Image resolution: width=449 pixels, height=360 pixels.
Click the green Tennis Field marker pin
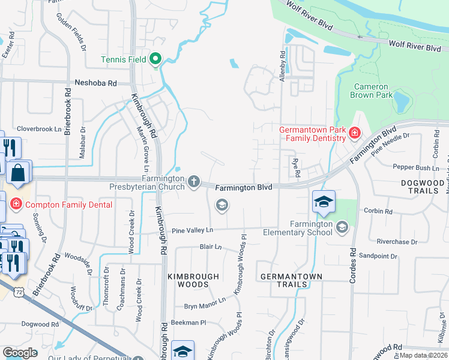pos(155,59)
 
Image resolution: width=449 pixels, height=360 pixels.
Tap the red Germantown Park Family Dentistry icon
pos(355,132)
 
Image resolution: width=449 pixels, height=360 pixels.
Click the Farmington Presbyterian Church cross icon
pos(193,181)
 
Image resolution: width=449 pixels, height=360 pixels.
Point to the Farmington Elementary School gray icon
pos(342,226)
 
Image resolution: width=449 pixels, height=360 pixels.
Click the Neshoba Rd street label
pos(95,83)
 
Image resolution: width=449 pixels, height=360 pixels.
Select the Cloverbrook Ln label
pos(40,128)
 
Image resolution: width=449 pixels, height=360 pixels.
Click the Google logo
pos(20,352)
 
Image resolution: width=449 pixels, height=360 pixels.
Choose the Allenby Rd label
pos(282,63)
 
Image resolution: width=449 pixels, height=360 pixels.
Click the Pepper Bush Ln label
pos(412,167)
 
